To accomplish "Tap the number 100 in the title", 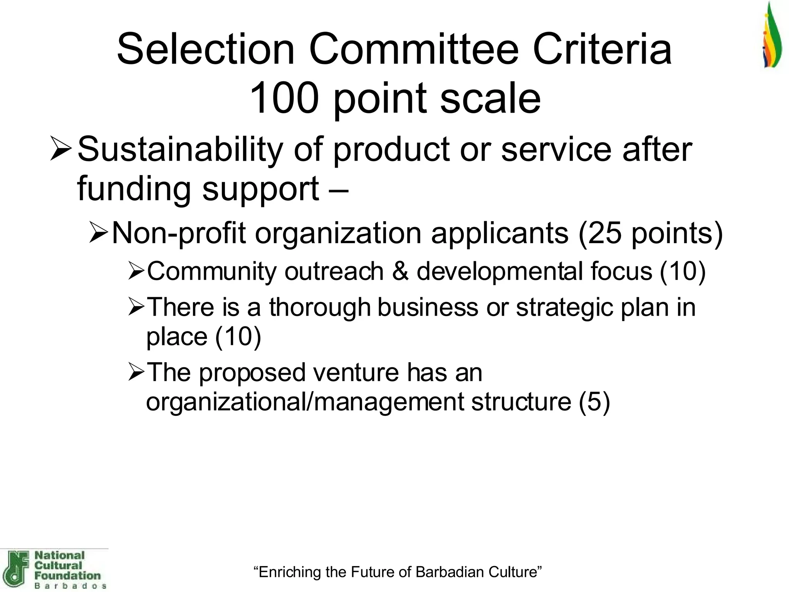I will coord(284,98).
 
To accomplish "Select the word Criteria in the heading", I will coord(602,50).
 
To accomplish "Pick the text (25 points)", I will coord(650,234).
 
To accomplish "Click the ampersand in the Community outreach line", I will coord(400,271).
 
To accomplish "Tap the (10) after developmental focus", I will coord(683,271).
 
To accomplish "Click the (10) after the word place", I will coord(238,337).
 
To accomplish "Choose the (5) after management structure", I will coord(594,402).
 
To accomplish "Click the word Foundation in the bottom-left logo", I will coord(67,576).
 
